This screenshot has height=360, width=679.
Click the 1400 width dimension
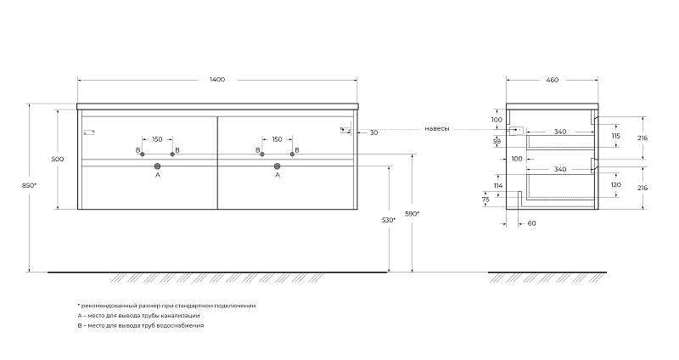(x=217, y=80)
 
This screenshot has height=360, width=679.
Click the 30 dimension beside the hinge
(x=373, y=132)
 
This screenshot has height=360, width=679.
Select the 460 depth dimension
(x=552, y=80)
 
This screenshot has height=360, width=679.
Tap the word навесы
(x=438, y=129)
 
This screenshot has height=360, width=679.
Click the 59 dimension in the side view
(x=497, y=142)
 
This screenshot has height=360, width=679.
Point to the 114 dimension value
(x=497, y=185)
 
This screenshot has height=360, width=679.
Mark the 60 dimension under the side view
(x=531, y=224)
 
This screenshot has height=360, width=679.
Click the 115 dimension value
(x=615, y=136)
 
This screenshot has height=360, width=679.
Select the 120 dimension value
(x=615, y=184)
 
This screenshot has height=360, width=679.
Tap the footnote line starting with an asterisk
(x=166, y=305)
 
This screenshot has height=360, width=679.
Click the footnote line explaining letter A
(x=138, y=315)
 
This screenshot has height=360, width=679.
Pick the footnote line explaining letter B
(x=141, y=325)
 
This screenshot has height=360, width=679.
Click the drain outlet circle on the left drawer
(x=158, y=166)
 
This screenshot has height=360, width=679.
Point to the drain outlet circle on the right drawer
(x=278, y=166)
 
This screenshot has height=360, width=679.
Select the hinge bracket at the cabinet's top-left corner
(x=89, y=132)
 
